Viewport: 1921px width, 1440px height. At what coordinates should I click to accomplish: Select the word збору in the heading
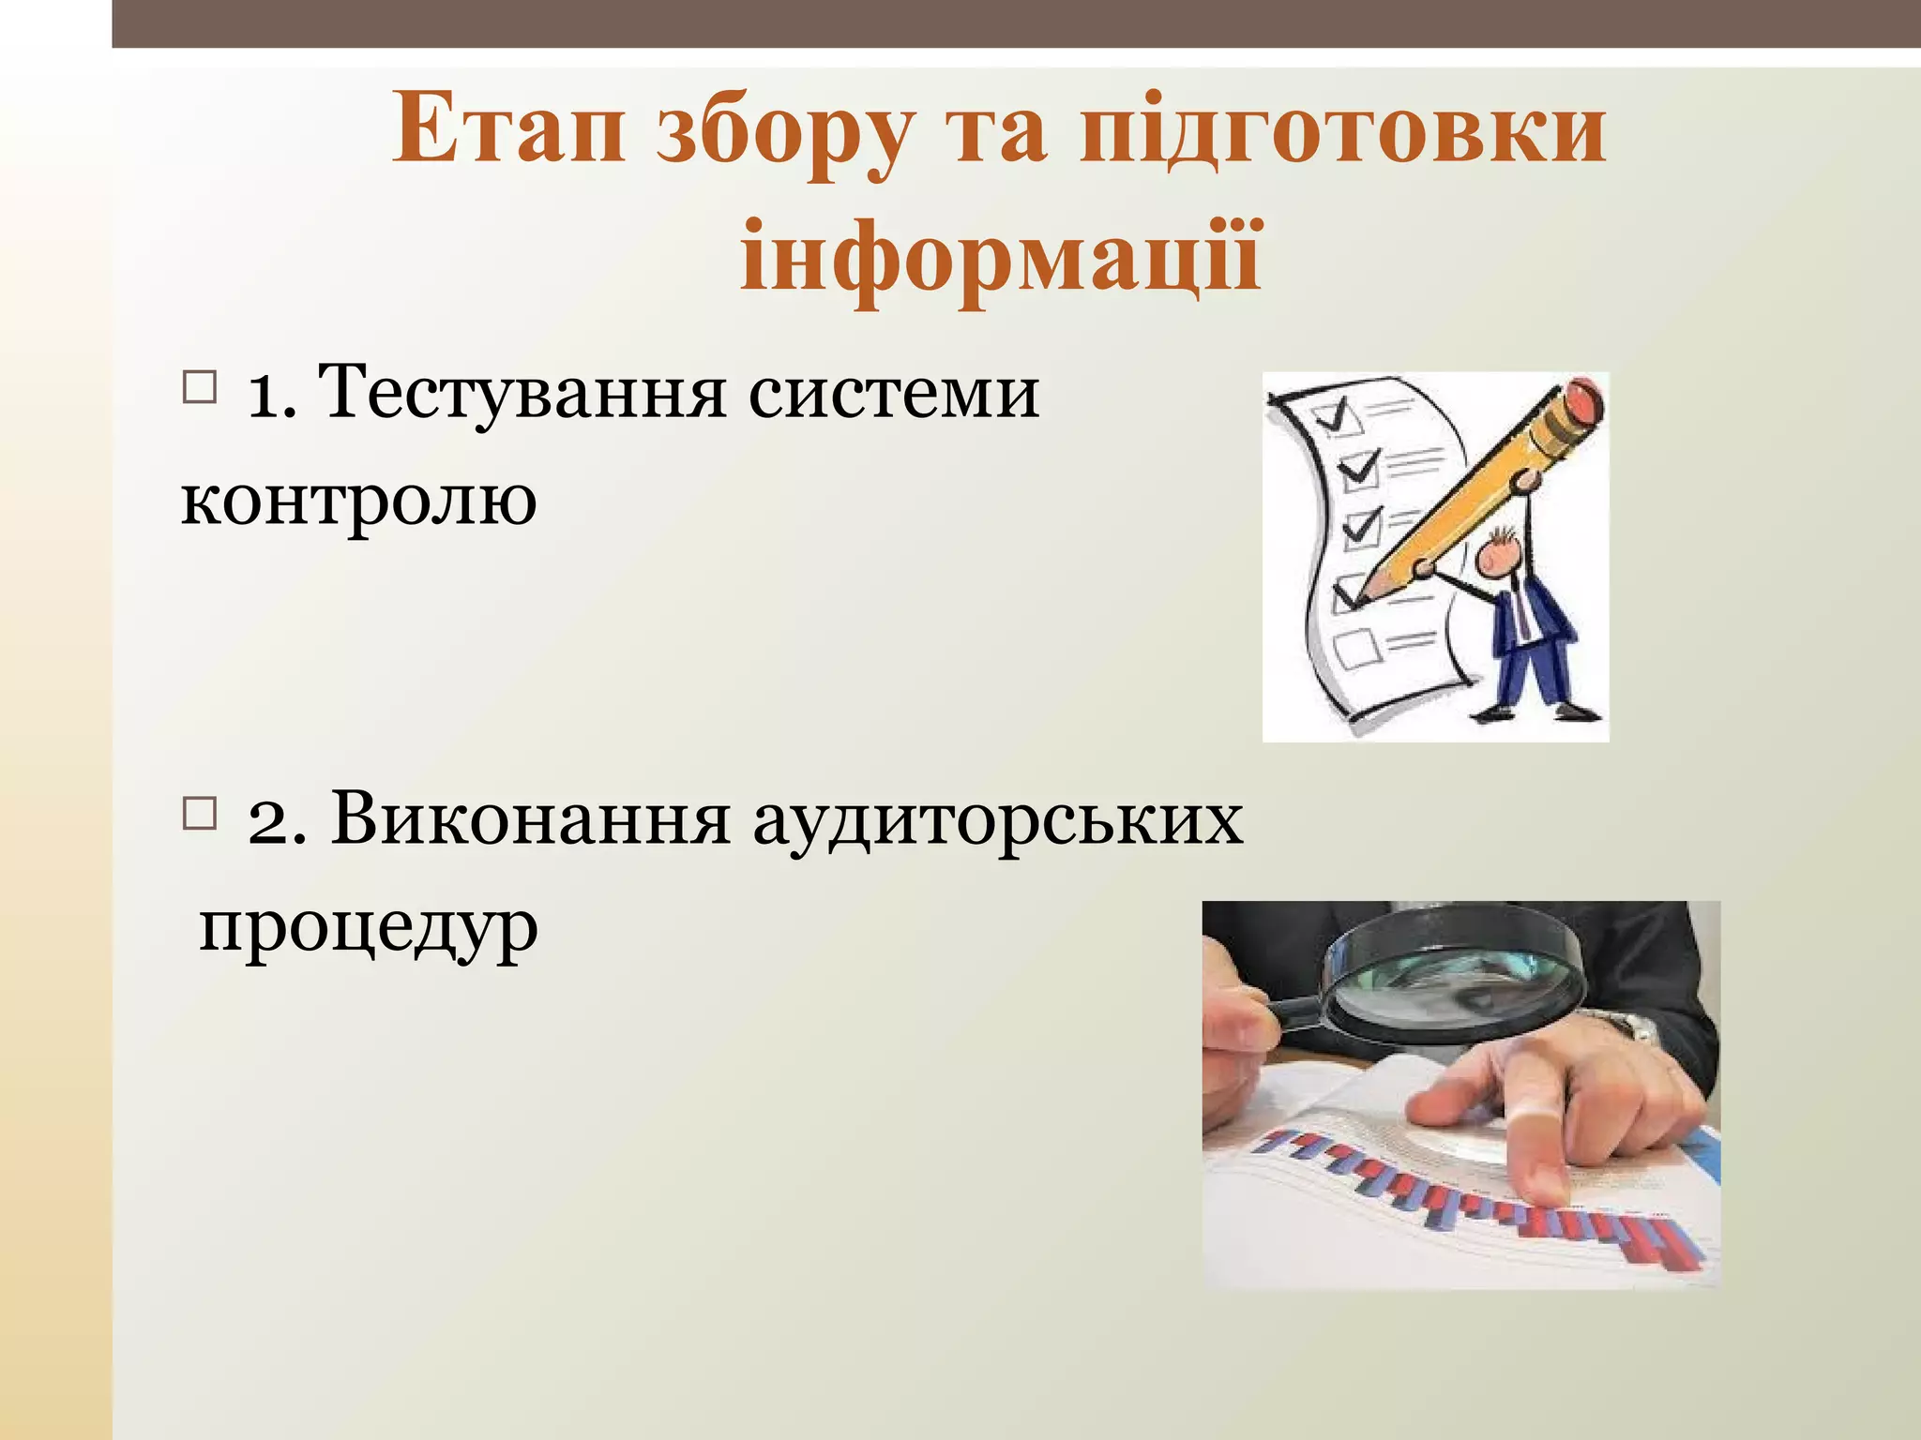pos(782,136)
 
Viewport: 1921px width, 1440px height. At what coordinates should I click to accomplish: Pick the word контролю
pos(358,500)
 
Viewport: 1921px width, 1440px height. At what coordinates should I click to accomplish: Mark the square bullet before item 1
pos(199,387)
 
